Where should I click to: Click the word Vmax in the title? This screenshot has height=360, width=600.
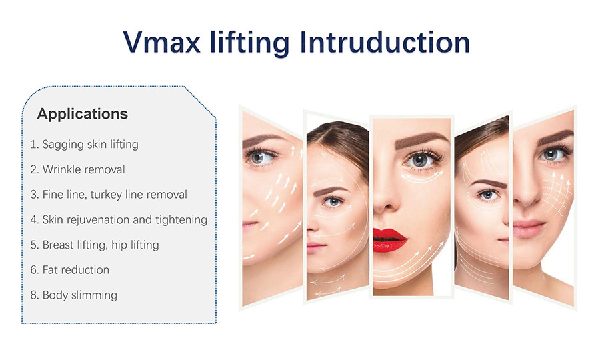point(161,42)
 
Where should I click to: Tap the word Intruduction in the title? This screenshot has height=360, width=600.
point(385,42)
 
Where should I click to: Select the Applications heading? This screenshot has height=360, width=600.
point(82,113)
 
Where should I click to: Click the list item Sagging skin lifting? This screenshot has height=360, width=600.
point(85,144)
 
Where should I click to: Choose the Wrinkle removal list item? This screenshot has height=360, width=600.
point(78,169)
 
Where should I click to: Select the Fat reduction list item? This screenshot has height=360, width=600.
point(70,270)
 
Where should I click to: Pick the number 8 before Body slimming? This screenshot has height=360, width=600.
point(34,295)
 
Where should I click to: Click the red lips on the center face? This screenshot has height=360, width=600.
point(390,240)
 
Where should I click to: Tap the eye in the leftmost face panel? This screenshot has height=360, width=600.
point(259,157)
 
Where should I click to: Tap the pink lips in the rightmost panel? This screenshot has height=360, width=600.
point(528,229)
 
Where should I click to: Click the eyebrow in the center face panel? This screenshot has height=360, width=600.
point(421,141)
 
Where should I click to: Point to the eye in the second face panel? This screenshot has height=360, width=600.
point(333,201)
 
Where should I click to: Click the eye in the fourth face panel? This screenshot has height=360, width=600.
point(487,195)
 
